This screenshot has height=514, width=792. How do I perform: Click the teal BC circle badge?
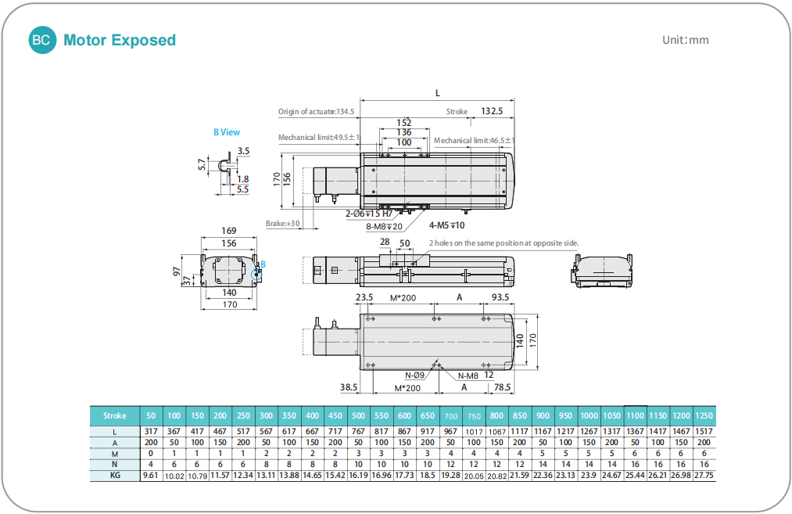point(42,40)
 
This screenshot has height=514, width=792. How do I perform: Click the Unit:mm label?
point(686,40)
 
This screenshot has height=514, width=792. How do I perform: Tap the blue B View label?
point(226,132)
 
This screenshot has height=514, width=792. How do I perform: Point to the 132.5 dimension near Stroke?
point(492,111)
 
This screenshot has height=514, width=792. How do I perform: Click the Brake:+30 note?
point(282,224)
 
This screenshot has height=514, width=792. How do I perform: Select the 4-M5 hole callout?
point(446,225)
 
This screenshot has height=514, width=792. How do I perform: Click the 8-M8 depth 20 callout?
point(384,226)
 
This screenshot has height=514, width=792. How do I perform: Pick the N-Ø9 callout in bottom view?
point(414,375)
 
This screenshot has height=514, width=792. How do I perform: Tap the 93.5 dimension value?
point(500,297)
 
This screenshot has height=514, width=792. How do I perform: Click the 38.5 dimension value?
point(349,387)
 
